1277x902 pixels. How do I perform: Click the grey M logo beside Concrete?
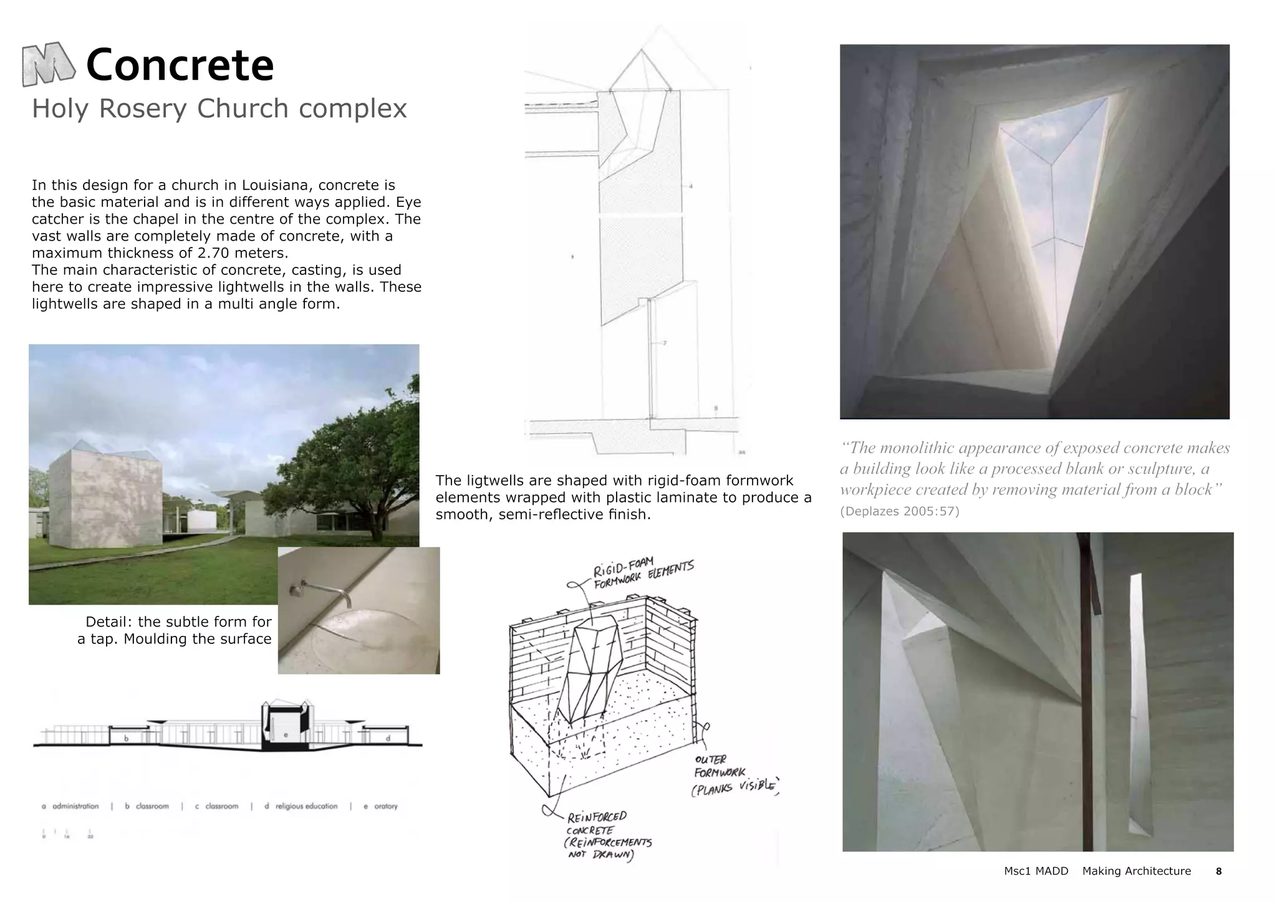click(49, 64)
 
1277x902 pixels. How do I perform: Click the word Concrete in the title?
click(180, 65)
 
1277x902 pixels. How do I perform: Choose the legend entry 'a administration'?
click(70, 806)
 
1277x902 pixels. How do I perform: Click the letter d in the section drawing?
click(388, 739)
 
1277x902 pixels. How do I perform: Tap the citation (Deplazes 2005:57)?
click(899, 512)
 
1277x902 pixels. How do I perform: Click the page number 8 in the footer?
click(1218, 871)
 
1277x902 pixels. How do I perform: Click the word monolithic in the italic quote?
click(917, 448)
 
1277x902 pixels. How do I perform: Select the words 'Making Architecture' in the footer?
click(1136, 871)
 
